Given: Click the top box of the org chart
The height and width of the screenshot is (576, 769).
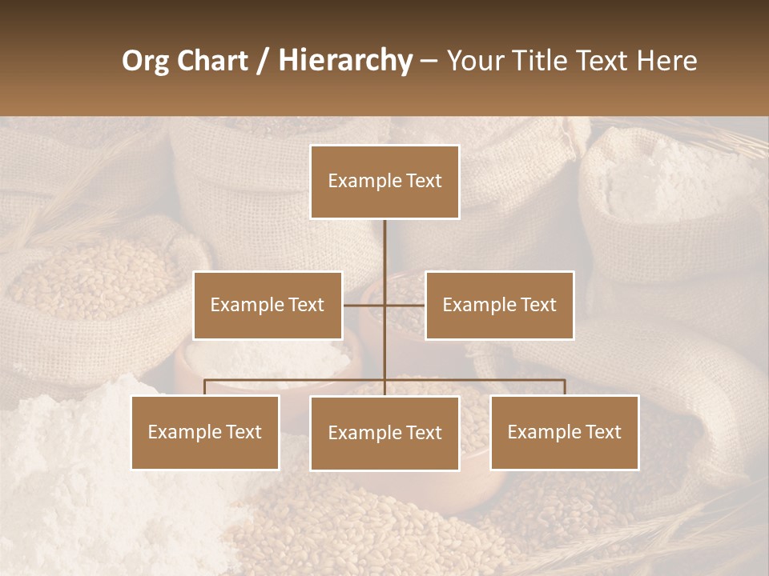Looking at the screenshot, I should coord(384,182).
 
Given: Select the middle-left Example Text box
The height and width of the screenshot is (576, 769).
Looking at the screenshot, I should coord(268,305).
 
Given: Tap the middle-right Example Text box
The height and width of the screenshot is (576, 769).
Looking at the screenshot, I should coord(499,305).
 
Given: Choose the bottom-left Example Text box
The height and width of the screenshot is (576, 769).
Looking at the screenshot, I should coord(205,432).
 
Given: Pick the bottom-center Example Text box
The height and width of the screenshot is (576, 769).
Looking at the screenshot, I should coord(384,433).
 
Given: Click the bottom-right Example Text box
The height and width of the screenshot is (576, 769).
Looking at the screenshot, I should coord(564,432).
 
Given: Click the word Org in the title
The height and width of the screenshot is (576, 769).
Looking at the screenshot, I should coord(145,61).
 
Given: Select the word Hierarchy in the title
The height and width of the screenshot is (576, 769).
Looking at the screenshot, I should coord(345,61).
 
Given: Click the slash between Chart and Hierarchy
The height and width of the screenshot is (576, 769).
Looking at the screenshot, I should coord(263,61).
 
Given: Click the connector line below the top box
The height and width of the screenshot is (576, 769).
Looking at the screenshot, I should coord(384,248).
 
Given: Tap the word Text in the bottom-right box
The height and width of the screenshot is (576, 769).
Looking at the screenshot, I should coord(603,432).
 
